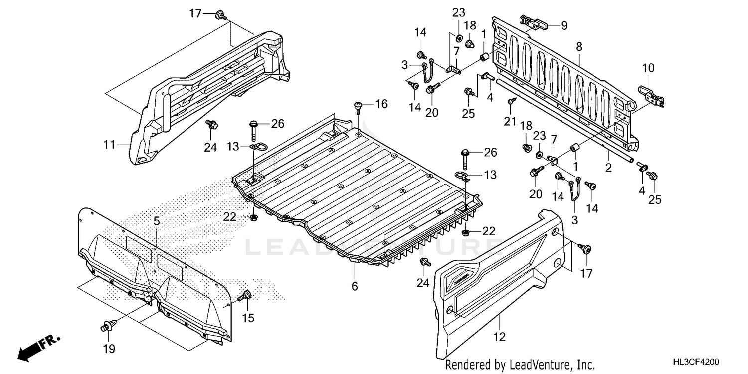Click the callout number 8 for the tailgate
(x=579, y=47)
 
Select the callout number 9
(x=564, y=25)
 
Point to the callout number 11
(x=109, y=145)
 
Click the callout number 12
(x=156, y=221)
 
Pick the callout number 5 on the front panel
(x=355, y=286)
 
